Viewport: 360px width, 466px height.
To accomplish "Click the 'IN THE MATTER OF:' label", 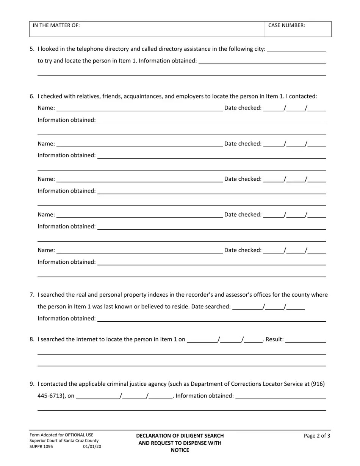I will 56,25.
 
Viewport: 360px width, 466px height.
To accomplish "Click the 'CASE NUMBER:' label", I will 286,25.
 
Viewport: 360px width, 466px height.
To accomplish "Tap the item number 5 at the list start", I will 32,49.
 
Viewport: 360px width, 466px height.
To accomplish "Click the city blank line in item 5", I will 296,49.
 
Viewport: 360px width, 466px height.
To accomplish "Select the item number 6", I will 32,96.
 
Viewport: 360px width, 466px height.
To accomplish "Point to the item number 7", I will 32,295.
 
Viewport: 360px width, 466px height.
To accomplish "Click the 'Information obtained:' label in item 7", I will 67,319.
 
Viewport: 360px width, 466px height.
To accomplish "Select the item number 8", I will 32,339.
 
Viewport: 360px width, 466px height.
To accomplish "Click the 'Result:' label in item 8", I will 275,339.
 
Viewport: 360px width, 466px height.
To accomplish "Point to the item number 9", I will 32,384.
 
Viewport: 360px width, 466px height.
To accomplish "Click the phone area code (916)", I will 318,384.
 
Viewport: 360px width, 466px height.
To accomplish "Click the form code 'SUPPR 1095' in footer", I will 41,446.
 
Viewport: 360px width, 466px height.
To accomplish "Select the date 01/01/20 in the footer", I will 92,446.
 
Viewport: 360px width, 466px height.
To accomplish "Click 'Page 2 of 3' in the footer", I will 317,436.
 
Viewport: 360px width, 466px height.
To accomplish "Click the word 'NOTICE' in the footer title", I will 180,450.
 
